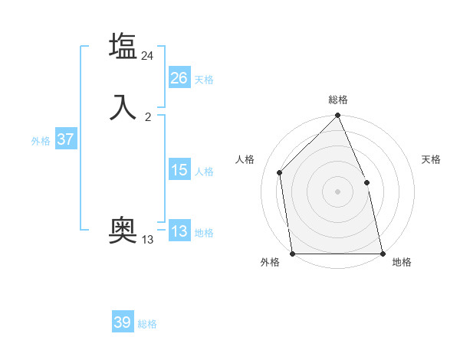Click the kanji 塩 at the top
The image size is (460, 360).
[123, 47]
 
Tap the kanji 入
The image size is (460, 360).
[123, 106]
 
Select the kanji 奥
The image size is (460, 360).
[123, 229]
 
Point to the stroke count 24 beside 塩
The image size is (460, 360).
[148, 55]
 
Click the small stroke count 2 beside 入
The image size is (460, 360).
[148, 117]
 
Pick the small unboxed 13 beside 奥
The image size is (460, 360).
[148, 240]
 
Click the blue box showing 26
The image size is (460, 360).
[179, 78]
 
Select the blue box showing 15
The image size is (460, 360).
[179, 170]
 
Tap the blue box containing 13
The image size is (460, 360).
[179, 231]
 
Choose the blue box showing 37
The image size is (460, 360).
[65, 139]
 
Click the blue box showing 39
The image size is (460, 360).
[123, 322]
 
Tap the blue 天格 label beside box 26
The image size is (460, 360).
[204, 80]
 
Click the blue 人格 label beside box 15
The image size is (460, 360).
[204, 172]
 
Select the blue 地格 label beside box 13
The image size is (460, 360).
[204, 233]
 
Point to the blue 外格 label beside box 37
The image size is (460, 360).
[41, 141]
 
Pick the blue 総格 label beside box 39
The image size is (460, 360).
[147, 324]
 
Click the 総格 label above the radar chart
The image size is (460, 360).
[338, 100]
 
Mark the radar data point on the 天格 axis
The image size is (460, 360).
[366, 182]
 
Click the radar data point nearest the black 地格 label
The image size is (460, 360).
[382, 253]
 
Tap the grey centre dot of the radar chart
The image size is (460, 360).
[337, 191]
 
